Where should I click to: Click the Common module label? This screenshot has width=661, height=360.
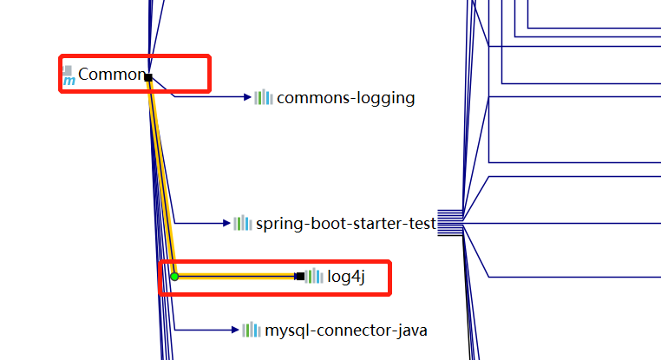pyautogui.click(x=111, y=75)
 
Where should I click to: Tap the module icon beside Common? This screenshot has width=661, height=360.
pyautogui.click(x=68, y=77)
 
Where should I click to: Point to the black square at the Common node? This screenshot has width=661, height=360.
pyautogui.click(x=148, y=78)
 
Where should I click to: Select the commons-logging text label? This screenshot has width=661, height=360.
pyautogui.click(x=345, y=98)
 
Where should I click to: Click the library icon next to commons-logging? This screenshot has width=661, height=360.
pyautogui.click(x=264, y=97)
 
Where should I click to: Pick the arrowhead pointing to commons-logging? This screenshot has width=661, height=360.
pyautogui.click(x=246, y=97)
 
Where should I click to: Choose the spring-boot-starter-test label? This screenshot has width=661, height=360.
pyautogui.click(x=345, y=224)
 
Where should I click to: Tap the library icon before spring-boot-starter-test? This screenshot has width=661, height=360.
pyautogui.click(x=243, y=223)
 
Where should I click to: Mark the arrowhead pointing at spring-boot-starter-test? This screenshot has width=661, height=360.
pyautogui.click(x=226, y=223)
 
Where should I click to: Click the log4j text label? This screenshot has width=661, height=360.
pyautogui.click(x=347, y=277)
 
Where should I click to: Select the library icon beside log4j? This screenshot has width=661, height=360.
pyautogui.click(x=314, y=276)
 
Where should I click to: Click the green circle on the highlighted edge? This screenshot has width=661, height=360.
pyautogui.click(x=174, y=276)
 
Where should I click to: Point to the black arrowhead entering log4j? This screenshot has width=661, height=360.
pyautogui.click(x=299, y=276)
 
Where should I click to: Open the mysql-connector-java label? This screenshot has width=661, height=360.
pyautogui.click(x=345, y=331)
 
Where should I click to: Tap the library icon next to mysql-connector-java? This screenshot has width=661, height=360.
pyautogui.click(x=252, y=330)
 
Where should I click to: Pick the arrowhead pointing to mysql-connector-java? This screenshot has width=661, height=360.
pyautogui.click(x=234, y=330)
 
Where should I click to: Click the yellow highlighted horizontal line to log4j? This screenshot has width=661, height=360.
pyautogui.click(x=234, y=276)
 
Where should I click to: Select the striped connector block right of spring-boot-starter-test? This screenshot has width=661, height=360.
pyautogui.click(x=449, y=222)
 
